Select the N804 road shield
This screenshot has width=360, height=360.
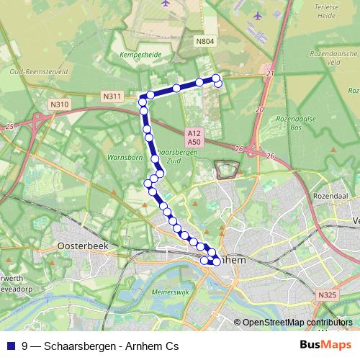205,42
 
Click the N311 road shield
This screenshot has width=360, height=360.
112,96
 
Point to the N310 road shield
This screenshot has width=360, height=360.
60,104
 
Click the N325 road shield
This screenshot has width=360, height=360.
325,294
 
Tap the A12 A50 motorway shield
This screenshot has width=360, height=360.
194,138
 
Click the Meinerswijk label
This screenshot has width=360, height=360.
171,293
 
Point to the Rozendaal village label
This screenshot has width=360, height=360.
330,196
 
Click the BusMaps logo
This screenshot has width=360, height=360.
321,345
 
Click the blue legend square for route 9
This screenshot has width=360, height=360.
10,346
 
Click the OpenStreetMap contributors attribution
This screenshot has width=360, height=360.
297,323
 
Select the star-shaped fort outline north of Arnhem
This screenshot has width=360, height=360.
227,169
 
